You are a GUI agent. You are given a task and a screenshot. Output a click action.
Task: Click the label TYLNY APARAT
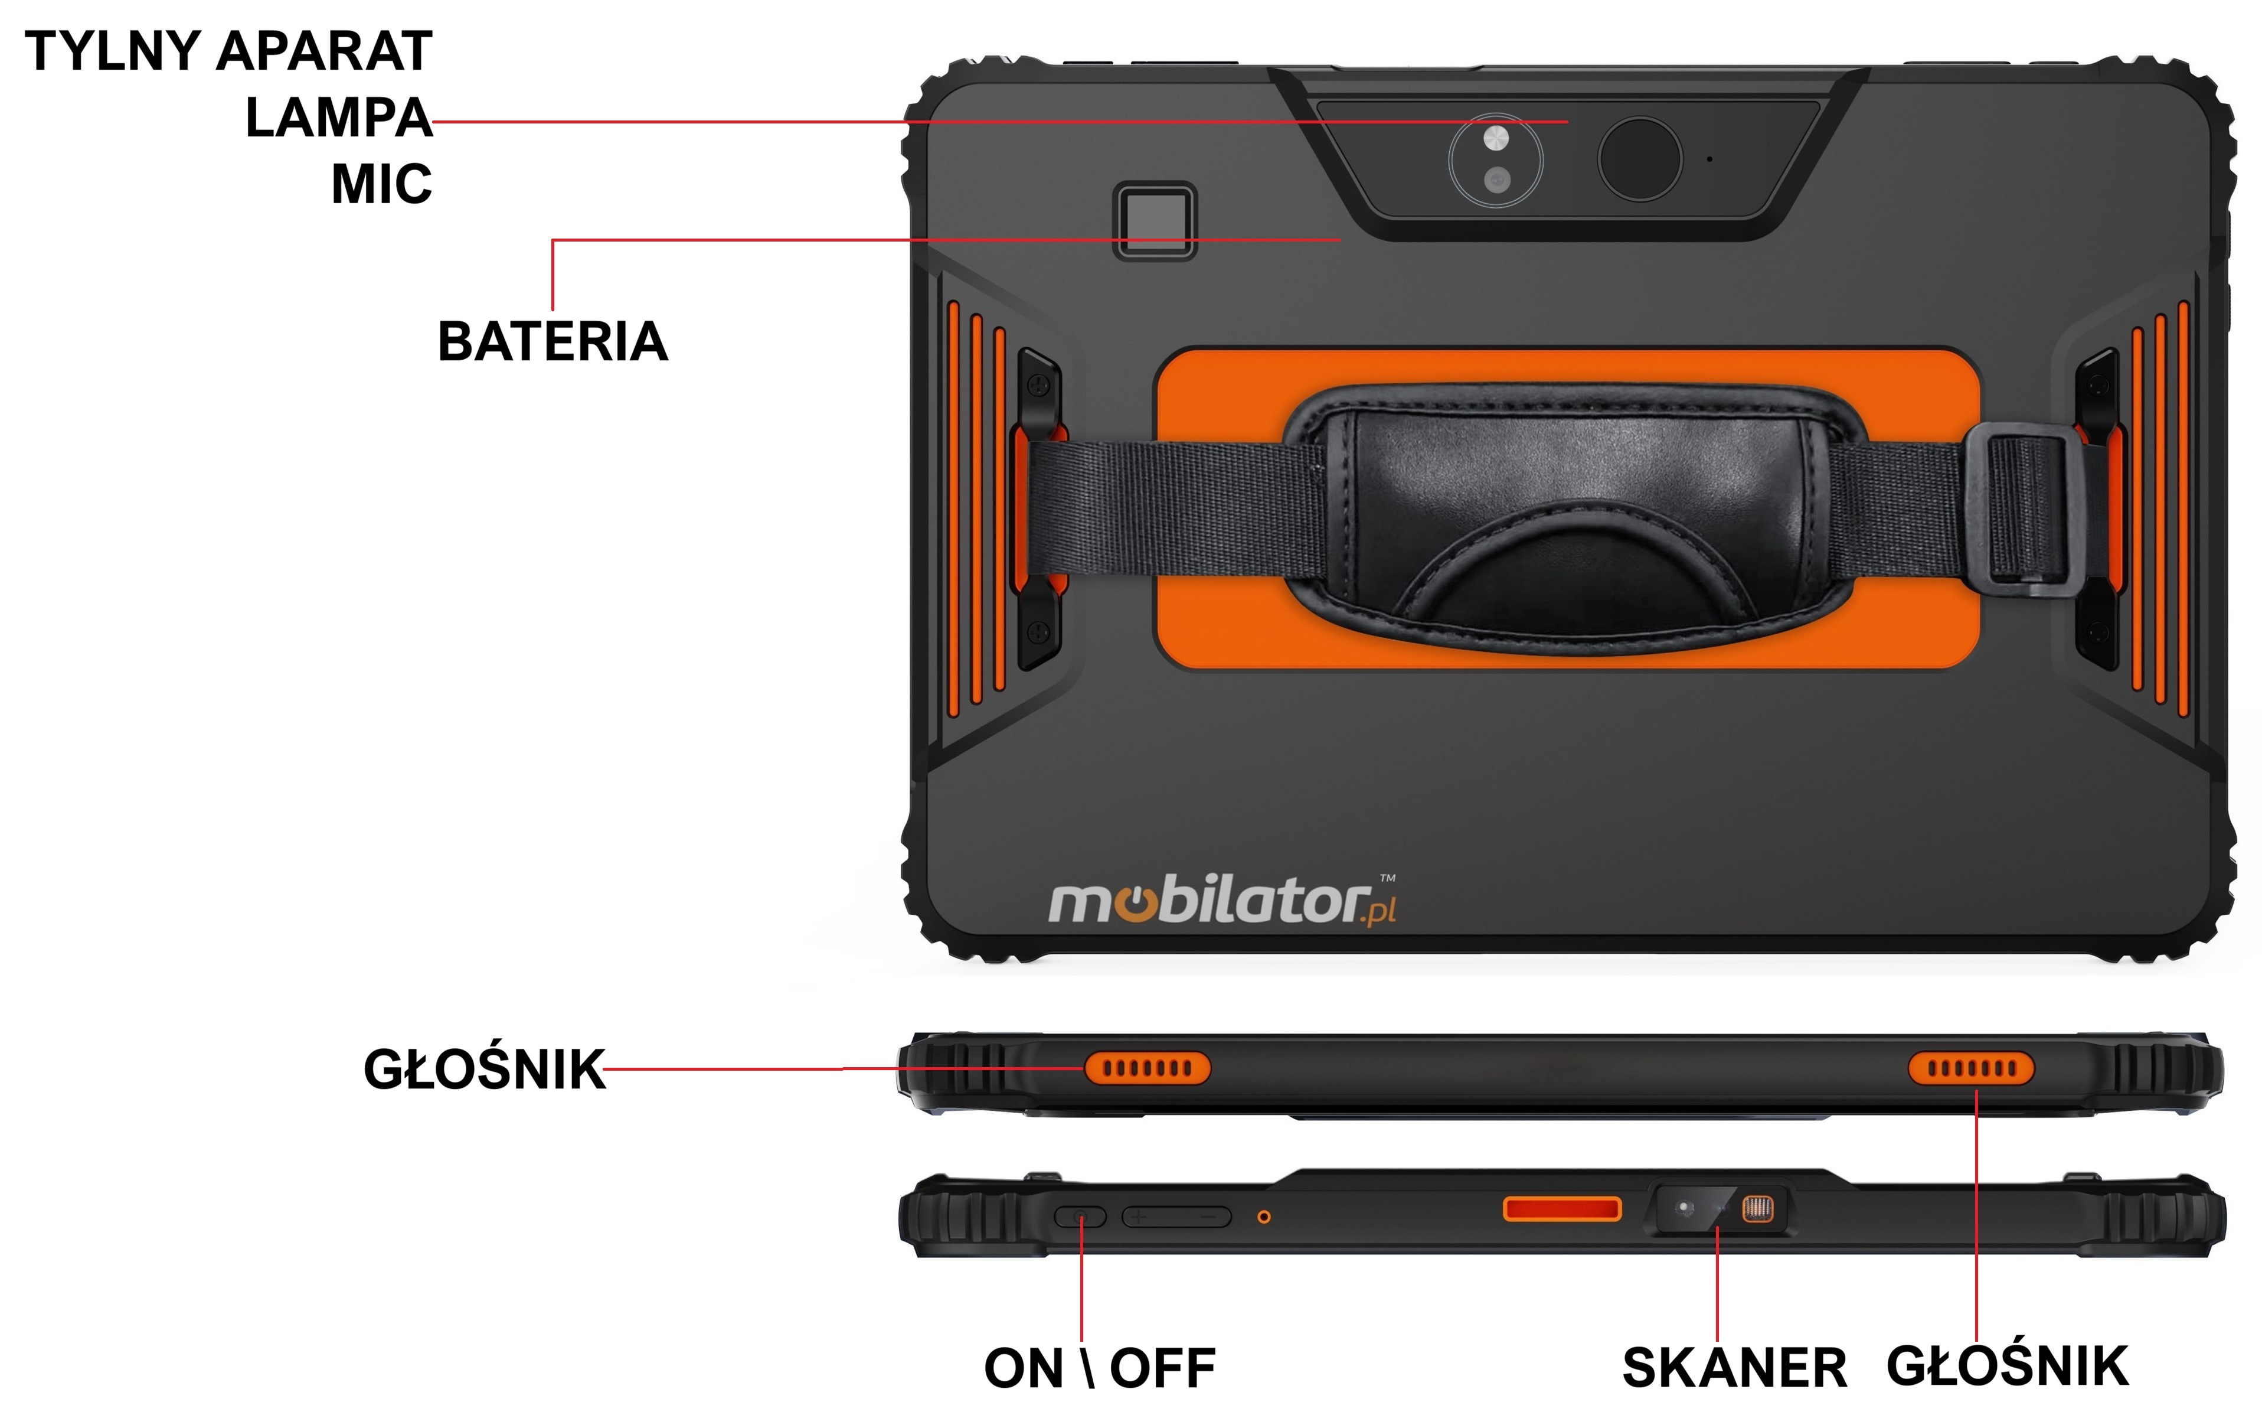pyautogui.click(x=228, y=51)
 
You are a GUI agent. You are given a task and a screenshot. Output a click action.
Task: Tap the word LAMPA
pyautogui.click(x=339, y=118)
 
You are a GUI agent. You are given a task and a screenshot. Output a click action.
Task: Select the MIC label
pyautogui.click(x=382, y=184)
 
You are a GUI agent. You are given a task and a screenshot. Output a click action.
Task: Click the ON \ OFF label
pyautogui.click(x=1099, y=1368)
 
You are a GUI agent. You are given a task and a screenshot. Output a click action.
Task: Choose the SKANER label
pyautogui.click(x=1734, y=1368)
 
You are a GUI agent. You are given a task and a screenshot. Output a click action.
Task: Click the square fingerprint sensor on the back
pyautogui.click(x=1155, y=221)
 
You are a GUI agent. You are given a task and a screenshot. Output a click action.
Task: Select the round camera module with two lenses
pyautogui.click(x=1495, y=160)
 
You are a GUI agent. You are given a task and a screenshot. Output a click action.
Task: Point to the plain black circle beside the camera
pyautogui.click(x=1640, y=159)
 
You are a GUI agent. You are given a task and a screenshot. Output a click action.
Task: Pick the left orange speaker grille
pyautogui.click(x=1147, y=1068)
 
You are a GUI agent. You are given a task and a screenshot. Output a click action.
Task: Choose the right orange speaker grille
pyautogui.click(x=1971, y=1068)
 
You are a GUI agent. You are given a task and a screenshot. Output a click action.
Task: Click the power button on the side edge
pyautogui.click(x=1080, y=1217)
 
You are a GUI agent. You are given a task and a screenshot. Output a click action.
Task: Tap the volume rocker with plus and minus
pyautogui.click(x=1176, y=1217)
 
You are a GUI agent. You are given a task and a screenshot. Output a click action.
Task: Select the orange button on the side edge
pyautogui.click(x=1561, y=1209)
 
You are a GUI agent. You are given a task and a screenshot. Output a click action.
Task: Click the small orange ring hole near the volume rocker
pyautogui.click(x=1264, y=1217)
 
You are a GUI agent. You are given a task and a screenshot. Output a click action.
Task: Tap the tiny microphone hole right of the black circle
pyautogui.click(x=1710, y=159)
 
